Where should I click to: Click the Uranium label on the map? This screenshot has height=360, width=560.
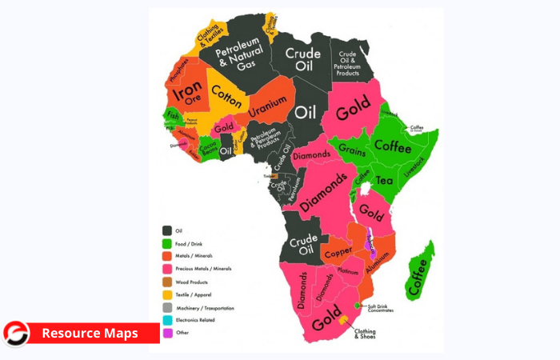267,105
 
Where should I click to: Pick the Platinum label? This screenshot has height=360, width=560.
346,273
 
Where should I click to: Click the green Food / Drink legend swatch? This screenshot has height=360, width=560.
169,243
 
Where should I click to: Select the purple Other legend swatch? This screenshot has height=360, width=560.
169,331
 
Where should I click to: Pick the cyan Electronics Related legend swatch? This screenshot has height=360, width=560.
169,318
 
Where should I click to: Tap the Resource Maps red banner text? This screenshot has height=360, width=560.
90,333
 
